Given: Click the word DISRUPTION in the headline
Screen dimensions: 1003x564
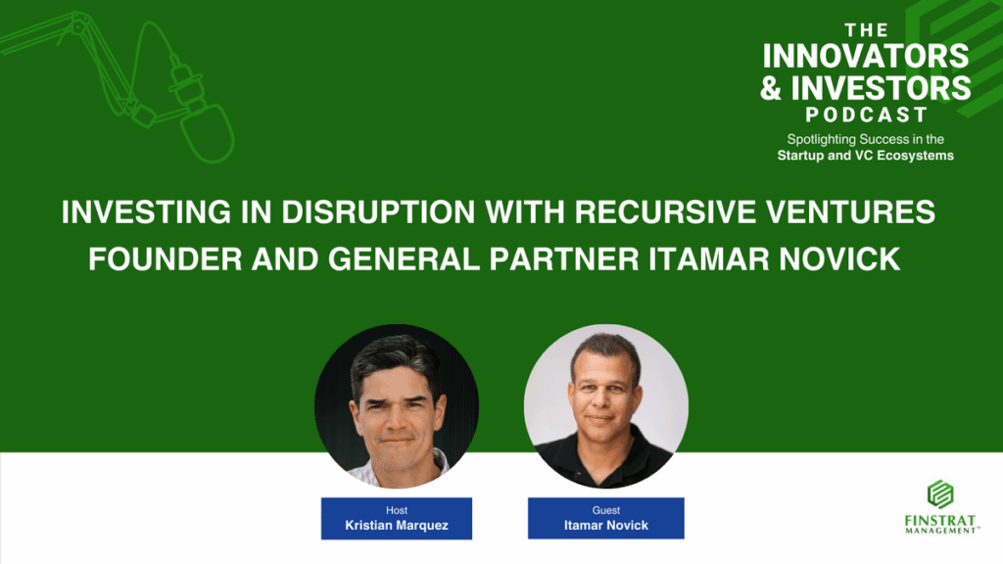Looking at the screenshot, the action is [378, 212].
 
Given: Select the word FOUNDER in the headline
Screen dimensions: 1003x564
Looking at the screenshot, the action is [165, 259].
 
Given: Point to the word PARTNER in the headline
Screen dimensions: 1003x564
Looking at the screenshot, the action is [564, 259].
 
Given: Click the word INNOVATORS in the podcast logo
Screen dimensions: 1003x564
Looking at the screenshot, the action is [866, 56].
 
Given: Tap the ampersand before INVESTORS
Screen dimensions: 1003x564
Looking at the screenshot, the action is [772, 87].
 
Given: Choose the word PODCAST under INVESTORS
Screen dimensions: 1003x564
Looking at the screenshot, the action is [866, 116].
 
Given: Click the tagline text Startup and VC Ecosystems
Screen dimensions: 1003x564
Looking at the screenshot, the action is [866, 156].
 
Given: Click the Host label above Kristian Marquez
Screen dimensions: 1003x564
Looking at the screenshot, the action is [397, 510].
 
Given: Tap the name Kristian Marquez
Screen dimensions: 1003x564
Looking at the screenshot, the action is [397, 526].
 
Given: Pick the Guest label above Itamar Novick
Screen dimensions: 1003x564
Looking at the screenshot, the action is [605, 510].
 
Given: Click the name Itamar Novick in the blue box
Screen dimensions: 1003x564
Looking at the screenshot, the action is [605, 526].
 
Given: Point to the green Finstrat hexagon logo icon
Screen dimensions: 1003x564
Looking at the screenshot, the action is [940, 494].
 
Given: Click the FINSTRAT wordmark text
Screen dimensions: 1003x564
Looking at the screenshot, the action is [940, 521].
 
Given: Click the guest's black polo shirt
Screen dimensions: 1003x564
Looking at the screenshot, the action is [604, 463].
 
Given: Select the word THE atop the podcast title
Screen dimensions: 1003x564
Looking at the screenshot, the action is [866, 30].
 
